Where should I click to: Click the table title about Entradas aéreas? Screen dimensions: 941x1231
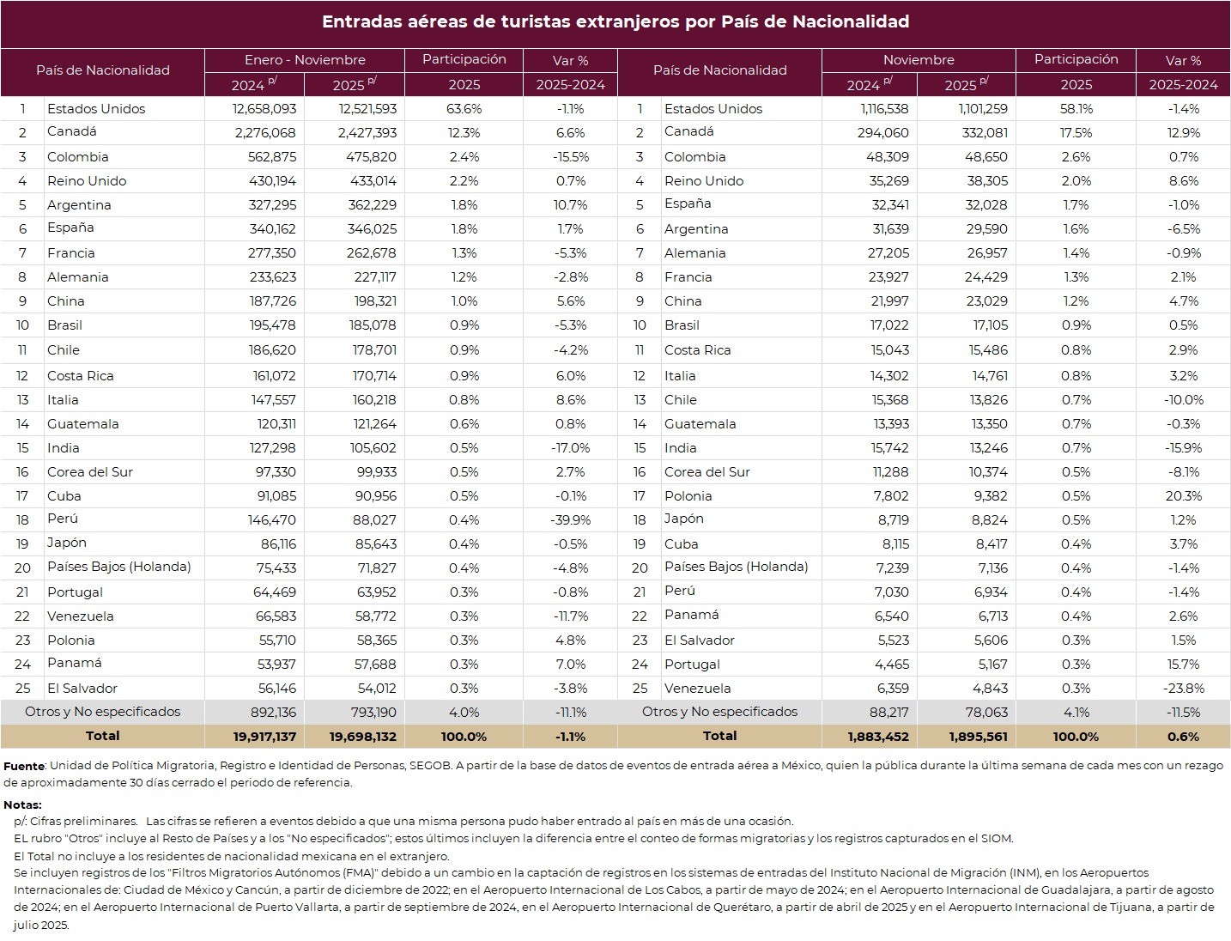615,22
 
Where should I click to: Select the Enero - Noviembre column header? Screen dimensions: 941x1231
305,60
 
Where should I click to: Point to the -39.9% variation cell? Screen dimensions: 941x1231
571,520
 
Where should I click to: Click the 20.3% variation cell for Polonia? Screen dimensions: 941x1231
1184,496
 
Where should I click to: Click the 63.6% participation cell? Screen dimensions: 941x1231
464,109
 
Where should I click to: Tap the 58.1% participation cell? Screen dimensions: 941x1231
1076,109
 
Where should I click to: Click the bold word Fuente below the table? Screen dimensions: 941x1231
24,766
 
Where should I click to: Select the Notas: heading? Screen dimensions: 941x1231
22,804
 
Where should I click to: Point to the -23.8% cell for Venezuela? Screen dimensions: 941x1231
1184,689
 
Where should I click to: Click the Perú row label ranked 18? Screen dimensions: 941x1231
63,519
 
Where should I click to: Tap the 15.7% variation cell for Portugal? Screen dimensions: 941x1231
1184,665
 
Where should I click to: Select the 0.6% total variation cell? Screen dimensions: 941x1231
1184,737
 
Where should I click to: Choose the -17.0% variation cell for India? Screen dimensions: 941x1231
571,448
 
